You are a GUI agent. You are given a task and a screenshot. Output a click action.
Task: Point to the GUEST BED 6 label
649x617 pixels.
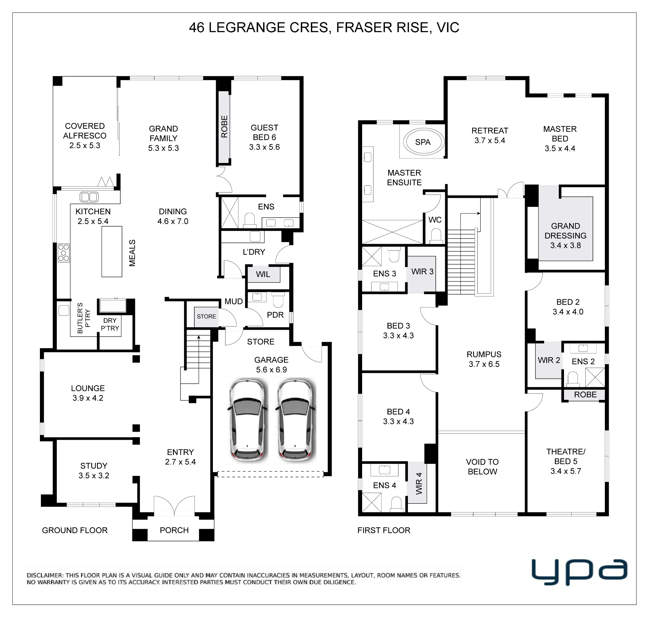pyautogui.click(x=264, y=137)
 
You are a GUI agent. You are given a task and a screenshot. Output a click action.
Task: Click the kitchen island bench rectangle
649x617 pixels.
pyautogui.click(x=112, y=252)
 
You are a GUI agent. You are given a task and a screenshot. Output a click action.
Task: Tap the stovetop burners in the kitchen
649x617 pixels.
pyautogui.click(x=64, y=253)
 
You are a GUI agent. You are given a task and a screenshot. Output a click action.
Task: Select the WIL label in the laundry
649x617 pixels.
pyautogui.click(x=263, y=274)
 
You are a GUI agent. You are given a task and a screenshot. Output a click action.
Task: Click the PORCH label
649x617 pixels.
pyautogui.click(x=174, y=530)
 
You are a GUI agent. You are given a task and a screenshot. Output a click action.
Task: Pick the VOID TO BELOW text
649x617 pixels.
pyautogui.click(x=482, y=467)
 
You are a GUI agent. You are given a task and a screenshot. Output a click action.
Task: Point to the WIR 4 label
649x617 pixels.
pyautogui.click(x=419, y=484)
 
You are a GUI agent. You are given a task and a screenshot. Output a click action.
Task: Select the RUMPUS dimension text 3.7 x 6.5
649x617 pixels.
pyautogui.click(x=484, y=364)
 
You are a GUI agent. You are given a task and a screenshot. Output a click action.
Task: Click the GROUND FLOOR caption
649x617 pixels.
pyautogui.click(x=75, y=530)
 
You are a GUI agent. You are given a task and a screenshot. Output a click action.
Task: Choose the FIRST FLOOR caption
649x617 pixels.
pyautogui.click(x=384, y=530)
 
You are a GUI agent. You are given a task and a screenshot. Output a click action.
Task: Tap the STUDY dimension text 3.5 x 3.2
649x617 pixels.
pyautogui.click(x=94, y=475)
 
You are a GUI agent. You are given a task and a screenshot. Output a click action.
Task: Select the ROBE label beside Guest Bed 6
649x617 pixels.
pyautogui.click(x=224, y=127)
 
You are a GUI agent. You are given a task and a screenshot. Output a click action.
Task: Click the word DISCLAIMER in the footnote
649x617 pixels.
pyautogui.click(x=45, y=575)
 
